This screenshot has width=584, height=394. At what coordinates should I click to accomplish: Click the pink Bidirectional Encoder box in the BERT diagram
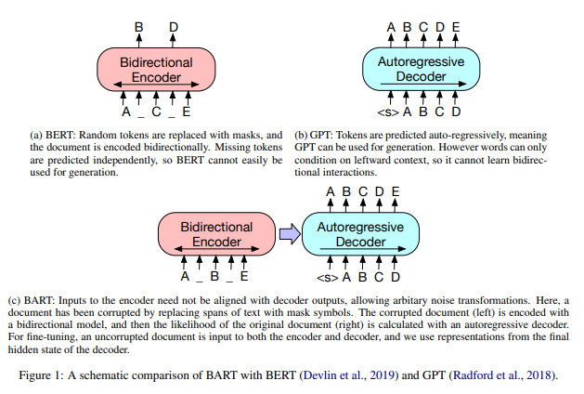point(156,69)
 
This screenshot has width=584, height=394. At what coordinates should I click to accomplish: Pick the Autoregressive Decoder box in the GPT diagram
point(421,69)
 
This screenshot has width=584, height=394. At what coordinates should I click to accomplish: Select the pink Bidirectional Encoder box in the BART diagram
point(216,234)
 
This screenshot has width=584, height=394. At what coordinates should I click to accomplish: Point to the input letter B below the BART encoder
point(214,277)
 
